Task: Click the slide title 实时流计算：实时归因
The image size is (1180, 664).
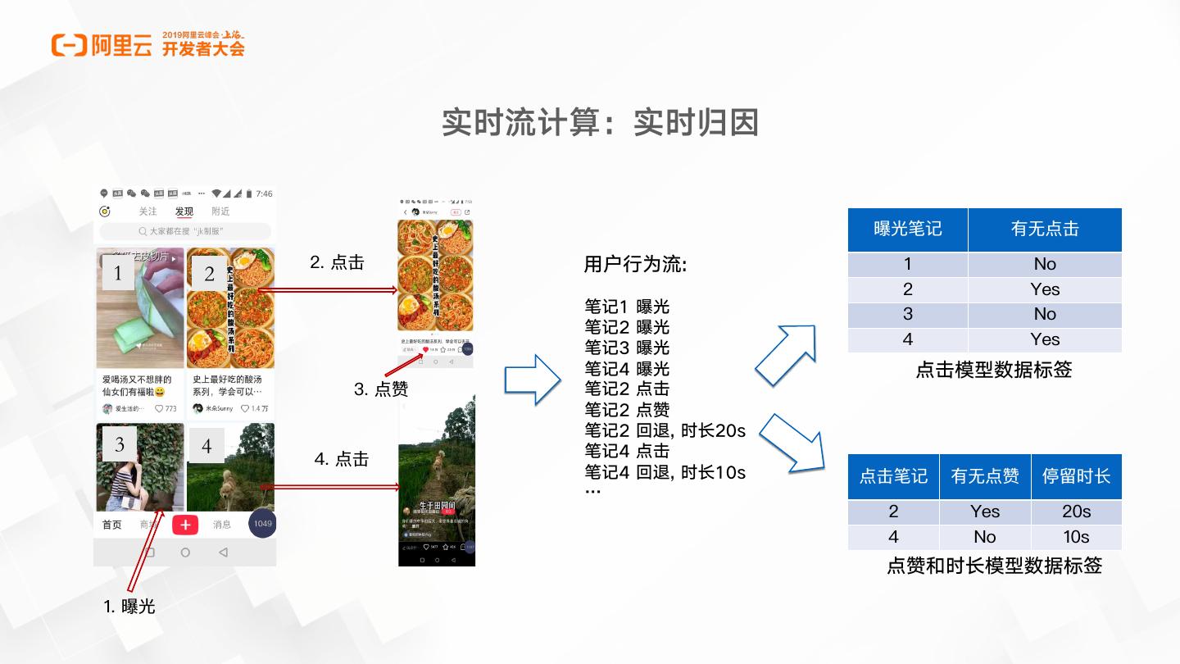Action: [x=600, y=122]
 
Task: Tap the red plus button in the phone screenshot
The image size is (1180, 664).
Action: [x=185, y=525]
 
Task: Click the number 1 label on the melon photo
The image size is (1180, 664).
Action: [x=118, y=273]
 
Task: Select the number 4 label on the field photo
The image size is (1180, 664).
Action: [x=206, y=446]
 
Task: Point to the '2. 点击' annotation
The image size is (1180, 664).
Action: [x=337, y=262]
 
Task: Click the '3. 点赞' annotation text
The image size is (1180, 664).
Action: [x=380, y=389]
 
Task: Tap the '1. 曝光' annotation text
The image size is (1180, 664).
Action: [x=129, y=607]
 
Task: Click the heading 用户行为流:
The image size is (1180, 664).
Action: [x=635, y=265]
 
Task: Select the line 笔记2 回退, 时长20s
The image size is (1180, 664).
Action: [x=665, y=430]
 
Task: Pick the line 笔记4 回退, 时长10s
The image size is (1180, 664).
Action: [x=665, y=472]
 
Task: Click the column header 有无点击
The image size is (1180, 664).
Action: [x=1045, y=230]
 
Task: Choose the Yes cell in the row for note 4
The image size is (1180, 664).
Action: [x=1045, y=339]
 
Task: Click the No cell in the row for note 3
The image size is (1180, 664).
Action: [x=1045, y=314]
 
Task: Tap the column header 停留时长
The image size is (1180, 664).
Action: [x=1076, y=476]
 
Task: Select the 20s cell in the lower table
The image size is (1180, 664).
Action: [x=1076, y=512]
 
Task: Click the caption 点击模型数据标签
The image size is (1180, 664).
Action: [x=993, y=370]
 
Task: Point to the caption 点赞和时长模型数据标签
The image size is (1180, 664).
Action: [x=994, y=566]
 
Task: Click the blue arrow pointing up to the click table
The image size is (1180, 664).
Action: [x=786, y=353]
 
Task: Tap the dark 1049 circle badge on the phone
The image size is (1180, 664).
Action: [x=262, y=524]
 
